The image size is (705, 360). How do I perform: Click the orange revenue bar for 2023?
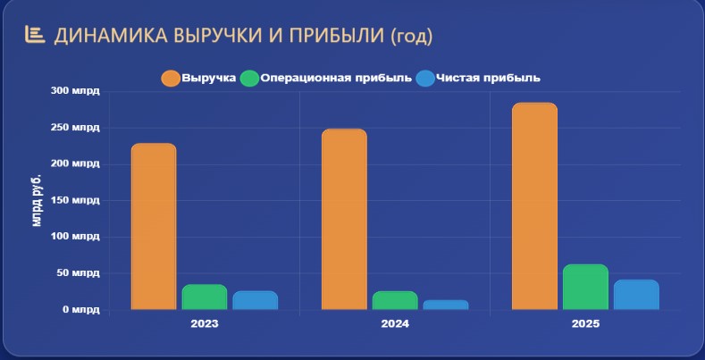(x=154, y=227)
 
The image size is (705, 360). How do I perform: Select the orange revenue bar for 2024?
(x=344, y=220)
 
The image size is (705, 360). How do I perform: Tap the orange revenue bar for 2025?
(x=534, y=206)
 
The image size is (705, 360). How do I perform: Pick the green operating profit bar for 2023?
(x=205, y=297)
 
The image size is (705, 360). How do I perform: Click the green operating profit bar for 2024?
(x=395, y=301)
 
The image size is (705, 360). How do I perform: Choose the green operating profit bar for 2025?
(x=585, y=287)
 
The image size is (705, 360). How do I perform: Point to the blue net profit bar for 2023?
(x=256, y=300)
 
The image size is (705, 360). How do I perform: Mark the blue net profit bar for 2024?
(x=446, y=305)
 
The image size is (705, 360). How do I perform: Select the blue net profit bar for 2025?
(x=636, y=295)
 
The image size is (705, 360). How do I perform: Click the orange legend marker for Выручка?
(x=171, y=79)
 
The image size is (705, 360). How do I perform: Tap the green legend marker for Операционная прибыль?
(x=249, y=79)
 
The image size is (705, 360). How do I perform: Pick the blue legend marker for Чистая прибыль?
(x=425, y=79)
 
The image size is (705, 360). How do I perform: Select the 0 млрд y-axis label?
(x=81, y=310)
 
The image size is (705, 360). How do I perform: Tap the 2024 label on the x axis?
(x=395, y=323)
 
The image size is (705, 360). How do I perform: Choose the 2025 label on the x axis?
(x=585, y=323)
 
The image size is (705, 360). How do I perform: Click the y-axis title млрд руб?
(x=37, y=200)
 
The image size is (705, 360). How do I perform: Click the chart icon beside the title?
(x=35, y=35)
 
